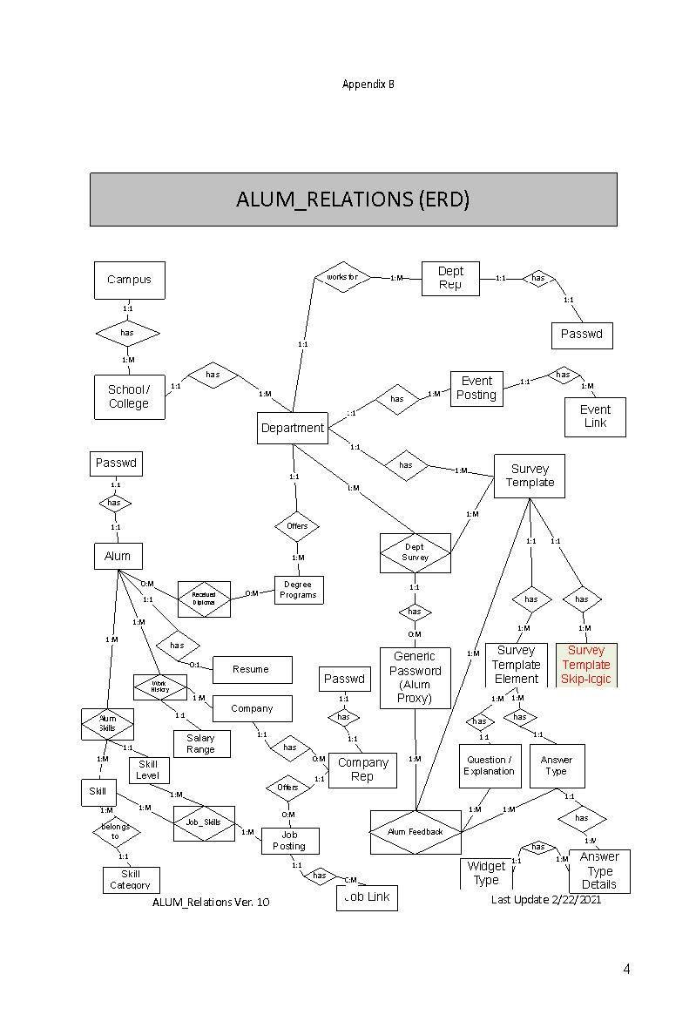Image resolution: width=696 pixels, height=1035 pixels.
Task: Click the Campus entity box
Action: [x=129, y=280]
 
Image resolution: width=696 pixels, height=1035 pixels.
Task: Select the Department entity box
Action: [x=293, y=428]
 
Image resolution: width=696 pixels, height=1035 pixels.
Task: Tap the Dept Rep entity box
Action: [x=450, y=278]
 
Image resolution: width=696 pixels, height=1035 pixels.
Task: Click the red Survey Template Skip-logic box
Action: [x=585, y=664]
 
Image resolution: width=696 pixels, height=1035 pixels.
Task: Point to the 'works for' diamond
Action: [x=342, y=277]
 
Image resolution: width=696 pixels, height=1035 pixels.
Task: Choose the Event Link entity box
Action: [x=595, y=416]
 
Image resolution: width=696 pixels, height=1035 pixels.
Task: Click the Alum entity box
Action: [x=118, y=556]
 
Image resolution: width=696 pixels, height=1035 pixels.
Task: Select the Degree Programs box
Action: [x=298, y=590]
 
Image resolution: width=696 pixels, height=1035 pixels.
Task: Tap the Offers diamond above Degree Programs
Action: [x=297, y=526]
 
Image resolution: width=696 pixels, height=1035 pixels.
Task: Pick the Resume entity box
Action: [x=251, y=669]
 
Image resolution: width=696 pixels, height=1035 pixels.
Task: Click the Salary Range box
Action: [x=200, y=743]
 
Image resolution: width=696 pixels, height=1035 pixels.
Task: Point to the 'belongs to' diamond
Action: [x=116, y=832]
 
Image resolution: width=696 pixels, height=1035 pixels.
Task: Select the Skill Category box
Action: [x=131, y=878]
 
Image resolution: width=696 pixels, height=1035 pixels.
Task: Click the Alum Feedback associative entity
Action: [x=416, y=832]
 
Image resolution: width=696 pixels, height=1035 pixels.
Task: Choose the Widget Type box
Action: [x=486, y=872]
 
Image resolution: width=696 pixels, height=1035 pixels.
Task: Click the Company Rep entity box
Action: [x=362, y=769]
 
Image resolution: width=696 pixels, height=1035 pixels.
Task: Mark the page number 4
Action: [x=626, y=969]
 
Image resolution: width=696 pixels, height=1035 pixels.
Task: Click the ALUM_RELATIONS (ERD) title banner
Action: [x=353, y=200]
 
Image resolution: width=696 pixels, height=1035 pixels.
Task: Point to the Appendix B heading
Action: [x=368, y=85]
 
